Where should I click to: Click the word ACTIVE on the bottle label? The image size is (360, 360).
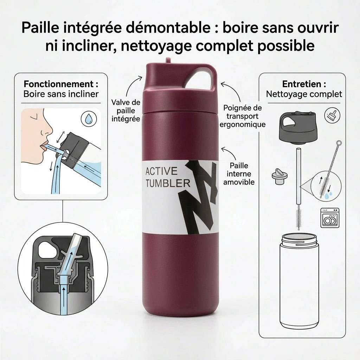[x=161, y=171]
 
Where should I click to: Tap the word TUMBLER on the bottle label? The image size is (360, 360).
[x=167, y=183]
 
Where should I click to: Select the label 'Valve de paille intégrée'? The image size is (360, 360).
[x=126, y=110]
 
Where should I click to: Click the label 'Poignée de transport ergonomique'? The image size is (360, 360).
[x=243, y=116]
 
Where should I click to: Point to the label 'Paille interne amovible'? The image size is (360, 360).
[x=239, y=174]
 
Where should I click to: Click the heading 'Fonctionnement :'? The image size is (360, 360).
[x=61, y=84]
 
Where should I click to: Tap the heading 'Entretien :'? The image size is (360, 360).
[x=304, y=84]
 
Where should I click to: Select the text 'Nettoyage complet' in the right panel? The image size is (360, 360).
[x=304, y=94]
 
